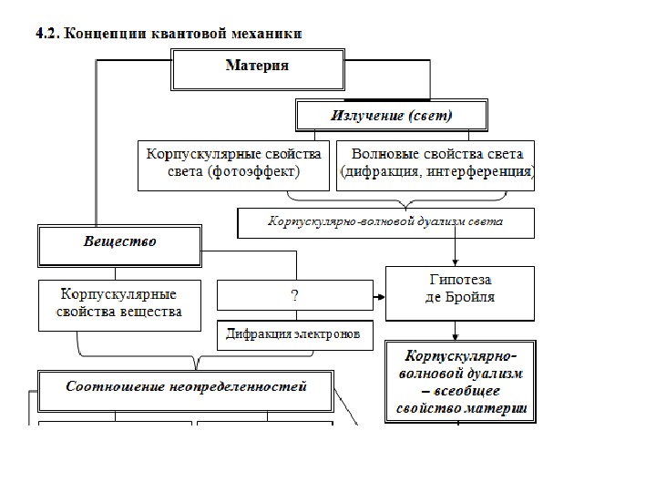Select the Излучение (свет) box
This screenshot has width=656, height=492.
click(x=391, y=115)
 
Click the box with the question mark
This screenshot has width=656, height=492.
click(x=294, y=295)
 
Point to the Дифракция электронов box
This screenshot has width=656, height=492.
click(x=293, y=334)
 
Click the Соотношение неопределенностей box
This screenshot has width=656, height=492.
click(x=187, y=386)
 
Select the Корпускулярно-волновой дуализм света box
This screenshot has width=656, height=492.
click(x=385, y=221)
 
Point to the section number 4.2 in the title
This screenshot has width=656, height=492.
click(x=46, y=34)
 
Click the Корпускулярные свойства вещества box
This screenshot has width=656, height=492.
click(x=118, y=303)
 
